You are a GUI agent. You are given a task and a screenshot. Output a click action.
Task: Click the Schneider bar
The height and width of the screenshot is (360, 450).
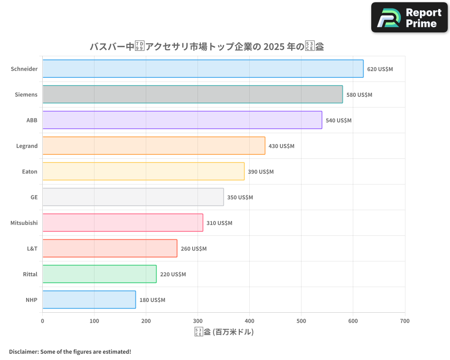(203, 69)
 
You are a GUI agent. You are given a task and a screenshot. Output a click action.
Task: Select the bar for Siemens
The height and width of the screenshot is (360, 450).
(193, 94)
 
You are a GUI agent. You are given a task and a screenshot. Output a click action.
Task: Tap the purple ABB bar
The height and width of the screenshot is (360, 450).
(182, 120)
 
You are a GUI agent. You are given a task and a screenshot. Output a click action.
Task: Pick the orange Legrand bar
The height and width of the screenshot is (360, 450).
(154, 146)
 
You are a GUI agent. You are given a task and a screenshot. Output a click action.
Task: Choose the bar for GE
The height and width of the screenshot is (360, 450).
(133, 197)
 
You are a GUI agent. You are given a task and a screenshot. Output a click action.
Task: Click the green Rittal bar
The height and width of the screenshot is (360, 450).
(99, 274)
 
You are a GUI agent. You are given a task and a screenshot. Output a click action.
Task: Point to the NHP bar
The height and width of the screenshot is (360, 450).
(89, 300)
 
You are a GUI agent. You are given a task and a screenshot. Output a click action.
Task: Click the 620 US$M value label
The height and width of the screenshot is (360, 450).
(380, 69)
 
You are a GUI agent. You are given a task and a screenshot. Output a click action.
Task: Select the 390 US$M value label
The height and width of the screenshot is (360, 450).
(261, 172)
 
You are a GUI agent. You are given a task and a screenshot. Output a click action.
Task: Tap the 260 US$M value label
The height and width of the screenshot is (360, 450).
(193, 249)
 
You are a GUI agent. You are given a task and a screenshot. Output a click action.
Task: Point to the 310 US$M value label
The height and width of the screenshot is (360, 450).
(219, 223)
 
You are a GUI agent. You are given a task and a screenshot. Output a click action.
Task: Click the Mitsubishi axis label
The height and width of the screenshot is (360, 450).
(24, 223)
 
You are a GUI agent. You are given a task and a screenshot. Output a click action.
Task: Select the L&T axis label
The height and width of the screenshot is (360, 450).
(32, 248)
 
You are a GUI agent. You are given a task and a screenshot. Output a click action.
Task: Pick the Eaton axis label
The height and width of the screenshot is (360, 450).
(30, 171)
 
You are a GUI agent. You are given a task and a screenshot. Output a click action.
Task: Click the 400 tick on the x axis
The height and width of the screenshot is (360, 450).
(249, 321)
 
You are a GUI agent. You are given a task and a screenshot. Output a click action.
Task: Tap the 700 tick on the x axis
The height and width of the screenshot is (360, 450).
(405, 321)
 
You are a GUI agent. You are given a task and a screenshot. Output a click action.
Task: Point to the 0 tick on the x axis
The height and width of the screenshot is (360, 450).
(43, 321)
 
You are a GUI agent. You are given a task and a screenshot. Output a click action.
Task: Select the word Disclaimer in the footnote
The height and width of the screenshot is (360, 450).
(23, 351)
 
